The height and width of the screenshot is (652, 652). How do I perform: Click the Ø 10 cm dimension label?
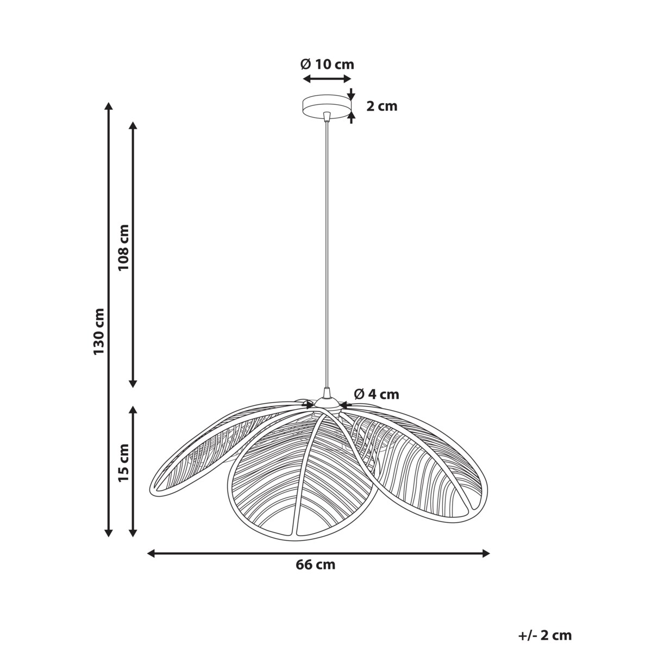pos(327,64)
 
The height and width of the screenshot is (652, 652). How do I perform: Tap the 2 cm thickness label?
pos(381,106)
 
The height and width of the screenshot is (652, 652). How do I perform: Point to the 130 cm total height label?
pos(99,331)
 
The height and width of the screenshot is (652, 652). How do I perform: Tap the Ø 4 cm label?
pos(377,394)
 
